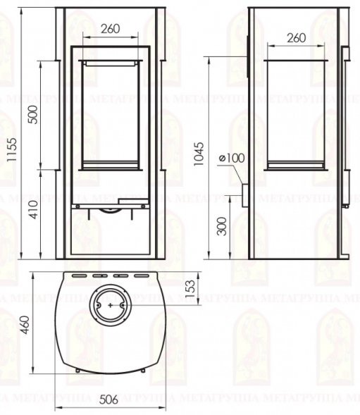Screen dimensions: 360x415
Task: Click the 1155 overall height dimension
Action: point(12,150)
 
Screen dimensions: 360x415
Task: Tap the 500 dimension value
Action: point(33,115)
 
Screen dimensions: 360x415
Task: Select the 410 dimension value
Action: point(34,210)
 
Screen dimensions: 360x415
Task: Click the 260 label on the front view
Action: point(111,29)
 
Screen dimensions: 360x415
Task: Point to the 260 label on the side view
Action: point(297,38)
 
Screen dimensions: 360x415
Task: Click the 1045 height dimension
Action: point(199,154)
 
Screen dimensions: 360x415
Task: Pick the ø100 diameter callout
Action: point(232,159)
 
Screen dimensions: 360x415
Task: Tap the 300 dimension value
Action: point(222,227)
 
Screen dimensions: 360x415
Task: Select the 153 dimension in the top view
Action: point(190,289)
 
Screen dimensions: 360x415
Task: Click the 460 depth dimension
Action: point(26,325)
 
